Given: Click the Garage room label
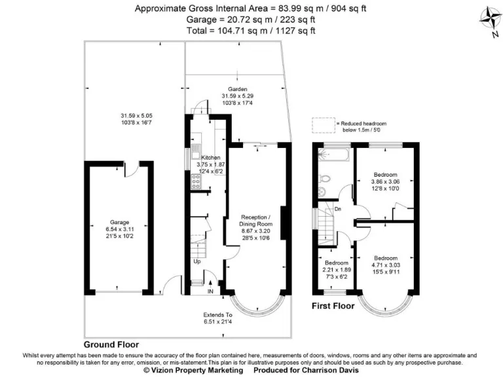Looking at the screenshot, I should coord(119,223).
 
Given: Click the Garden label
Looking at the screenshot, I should coord(237,89).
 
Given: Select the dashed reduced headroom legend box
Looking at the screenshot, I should coord(322,124).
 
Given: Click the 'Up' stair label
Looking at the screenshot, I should coord(196,262).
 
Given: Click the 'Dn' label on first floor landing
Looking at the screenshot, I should coord(338,209).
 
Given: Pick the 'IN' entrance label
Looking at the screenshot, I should coord(210,291).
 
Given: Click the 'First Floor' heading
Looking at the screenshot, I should coord(332,306).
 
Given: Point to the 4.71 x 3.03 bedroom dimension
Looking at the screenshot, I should coord(386,267).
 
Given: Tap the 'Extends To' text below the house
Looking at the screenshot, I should coord(217,314).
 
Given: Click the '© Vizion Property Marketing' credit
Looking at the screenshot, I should coord(186,370).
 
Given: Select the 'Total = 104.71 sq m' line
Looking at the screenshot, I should coord(251,30).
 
